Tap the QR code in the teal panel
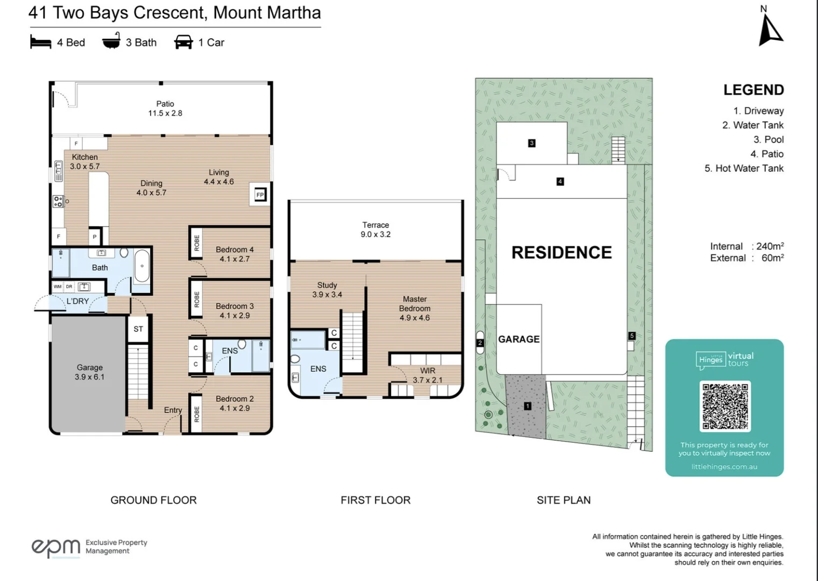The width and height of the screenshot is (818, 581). pyautogui.click(x=724, y=406)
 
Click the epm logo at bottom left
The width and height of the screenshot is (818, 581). pyautogui.click(x=55, y=547)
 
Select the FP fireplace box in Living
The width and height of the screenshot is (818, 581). pyautogui.click(x=260, y=195)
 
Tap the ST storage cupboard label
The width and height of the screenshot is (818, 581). pyautogui.click(x=138, y=329)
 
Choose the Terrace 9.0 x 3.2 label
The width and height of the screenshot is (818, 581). pyautogui.click(x=375, y=230)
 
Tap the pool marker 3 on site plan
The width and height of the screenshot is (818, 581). pyautogui.click(x=531, y=143)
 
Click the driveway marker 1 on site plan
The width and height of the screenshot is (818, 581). pyautogui.click(x=528, y=406)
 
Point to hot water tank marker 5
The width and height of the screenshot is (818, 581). pyautogui.click(x=632, y=336)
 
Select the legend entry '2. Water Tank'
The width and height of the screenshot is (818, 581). pyautogui.click(x=752, y=125)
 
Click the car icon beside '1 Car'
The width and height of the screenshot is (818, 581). pyautogui.click(x=183, y=42)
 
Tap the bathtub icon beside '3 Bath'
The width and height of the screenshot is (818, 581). pyautogui.click(x=111, y=42)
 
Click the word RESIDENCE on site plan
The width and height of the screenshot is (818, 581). pyautogui.click(x=561, y=252)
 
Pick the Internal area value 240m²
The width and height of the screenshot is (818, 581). pyautogui.click(x=770, y=246)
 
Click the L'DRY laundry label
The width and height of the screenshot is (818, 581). pyautogui.click(x=77, y=301)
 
